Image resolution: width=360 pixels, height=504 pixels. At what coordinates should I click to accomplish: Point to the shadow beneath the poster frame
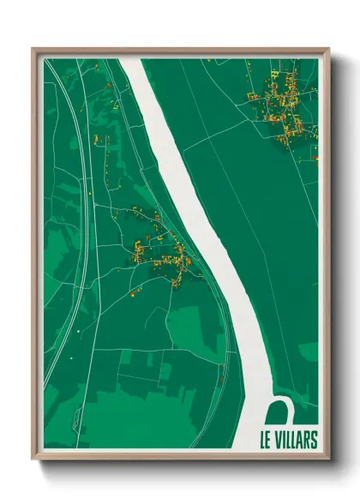pyautogui.click(x=180, y=467)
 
